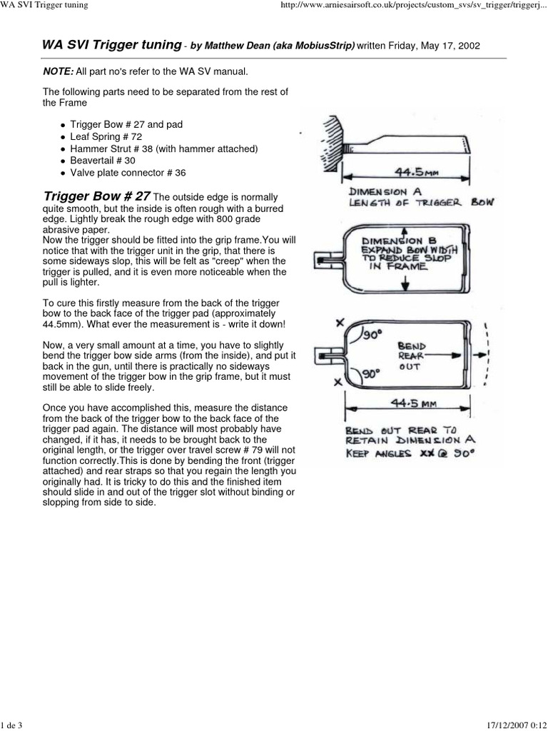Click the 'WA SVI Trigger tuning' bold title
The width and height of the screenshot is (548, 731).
click(112, 45)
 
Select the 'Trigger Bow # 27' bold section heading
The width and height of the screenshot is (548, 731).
click(97, 196)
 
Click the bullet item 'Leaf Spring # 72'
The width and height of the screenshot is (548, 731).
click(106, 136)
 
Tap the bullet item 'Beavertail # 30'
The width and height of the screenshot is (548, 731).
click(103, 161)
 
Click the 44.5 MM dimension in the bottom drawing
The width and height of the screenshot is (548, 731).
click(407, 404)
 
